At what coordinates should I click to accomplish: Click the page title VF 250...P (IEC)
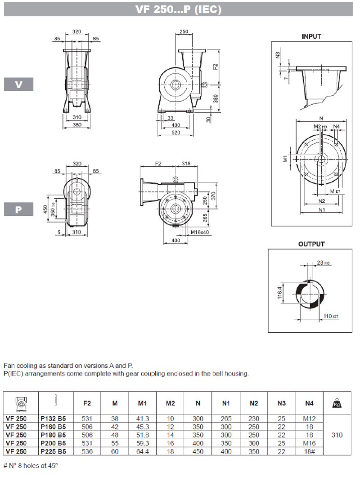[x=179, y=9]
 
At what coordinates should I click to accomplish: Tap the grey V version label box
[x=18, y=84]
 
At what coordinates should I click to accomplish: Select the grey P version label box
[x=18, y=210]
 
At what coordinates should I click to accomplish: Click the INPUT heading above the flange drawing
[x=311, y=36]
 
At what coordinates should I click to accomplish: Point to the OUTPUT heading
[x=311, y=244]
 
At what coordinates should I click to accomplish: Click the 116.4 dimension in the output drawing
[x=279, y=294]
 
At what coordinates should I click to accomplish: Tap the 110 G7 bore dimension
[x=331, y=317]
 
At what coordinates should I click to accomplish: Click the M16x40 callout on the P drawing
[x=199, y=232]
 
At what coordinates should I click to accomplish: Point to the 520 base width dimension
[x=175, y=133]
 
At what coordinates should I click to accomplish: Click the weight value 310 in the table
[x=337, y=435]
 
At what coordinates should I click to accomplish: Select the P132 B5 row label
[x=53, y=419]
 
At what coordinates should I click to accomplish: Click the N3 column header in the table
[x=281, y=403]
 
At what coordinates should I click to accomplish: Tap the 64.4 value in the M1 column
[x=143, y=451]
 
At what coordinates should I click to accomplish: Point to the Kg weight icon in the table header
[x=337, y=402]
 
